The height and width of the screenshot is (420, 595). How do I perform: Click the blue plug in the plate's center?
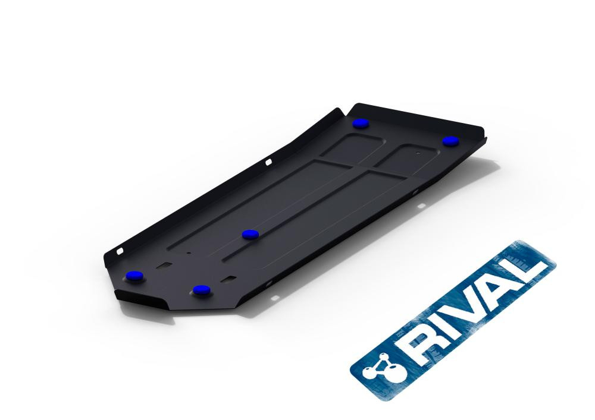[x=250, y=235]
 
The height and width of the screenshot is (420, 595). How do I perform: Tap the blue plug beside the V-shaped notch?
[x=361, y=123]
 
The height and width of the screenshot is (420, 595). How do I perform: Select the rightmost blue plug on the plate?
[x=450, y=141]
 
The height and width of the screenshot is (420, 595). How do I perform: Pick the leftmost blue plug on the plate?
[x=134, y=276]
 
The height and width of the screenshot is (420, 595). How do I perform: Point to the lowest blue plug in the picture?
[x=202, y=290]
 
